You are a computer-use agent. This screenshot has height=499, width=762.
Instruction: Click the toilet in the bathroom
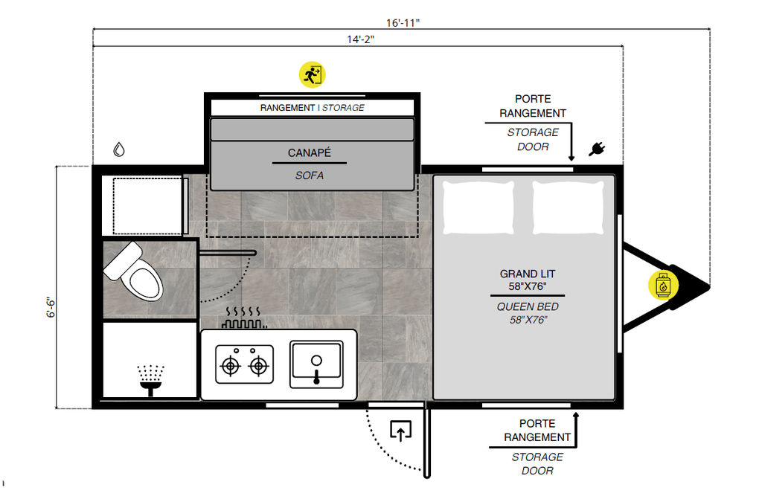point(134,273)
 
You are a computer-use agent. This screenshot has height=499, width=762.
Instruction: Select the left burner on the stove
point(230,365)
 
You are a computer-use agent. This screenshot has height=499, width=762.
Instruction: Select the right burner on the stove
point(258,365)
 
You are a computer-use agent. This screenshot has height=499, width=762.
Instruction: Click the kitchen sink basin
point(316,364)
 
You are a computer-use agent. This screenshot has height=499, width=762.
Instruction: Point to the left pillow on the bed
point(478,207)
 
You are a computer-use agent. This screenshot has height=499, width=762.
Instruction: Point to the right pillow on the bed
point(567,207)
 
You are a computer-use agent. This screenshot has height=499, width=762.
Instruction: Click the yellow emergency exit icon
point(313,74)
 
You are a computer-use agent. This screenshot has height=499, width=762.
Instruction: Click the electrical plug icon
point(596,149)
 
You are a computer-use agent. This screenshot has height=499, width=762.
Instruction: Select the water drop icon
point(119,149)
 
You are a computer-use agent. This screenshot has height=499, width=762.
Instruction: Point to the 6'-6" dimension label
point(49,308)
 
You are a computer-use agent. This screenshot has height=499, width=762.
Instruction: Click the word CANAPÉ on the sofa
point(309,153)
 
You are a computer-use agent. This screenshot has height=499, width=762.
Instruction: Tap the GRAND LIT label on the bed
point(528,274)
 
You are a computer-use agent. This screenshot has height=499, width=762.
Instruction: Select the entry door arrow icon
point(400,431)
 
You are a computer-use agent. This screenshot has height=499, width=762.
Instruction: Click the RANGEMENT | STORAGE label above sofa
point(312,108)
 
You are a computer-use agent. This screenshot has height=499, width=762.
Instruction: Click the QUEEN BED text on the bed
point(528,306)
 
